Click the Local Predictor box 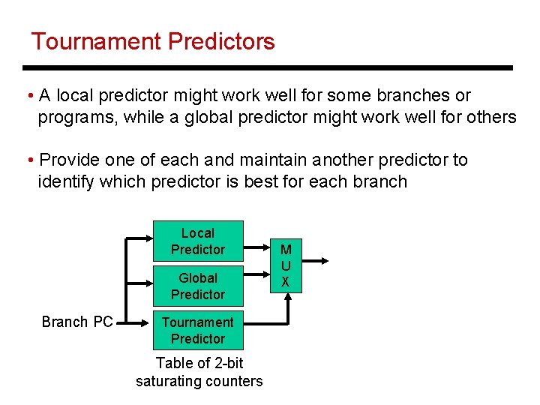point(198,241)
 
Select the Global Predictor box point(198,286)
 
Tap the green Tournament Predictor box point(198,330)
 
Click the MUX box point(286,265)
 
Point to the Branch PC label point(77,322)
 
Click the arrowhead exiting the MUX point(325,260)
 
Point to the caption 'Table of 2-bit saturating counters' point(199,372)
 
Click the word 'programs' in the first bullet point(76,118)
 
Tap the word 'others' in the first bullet point(489,118)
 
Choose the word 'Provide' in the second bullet point(69,160)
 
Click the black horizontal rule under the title point(270,67)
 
